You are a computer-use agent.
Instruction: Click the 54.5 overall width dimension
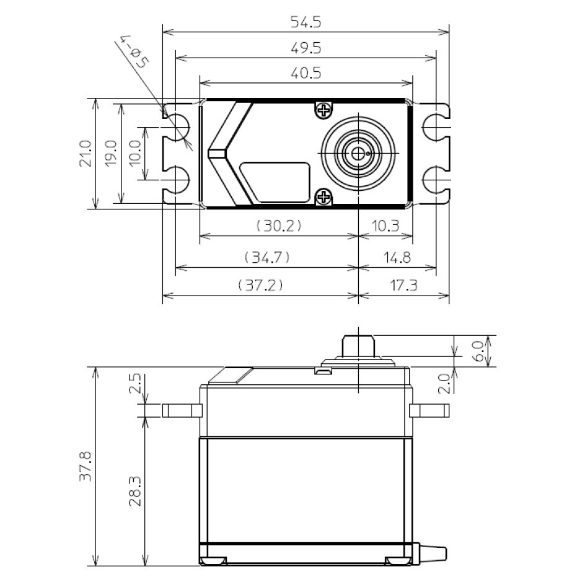(306, 22)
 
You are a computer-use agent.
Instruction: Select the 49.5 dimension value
(306, 48)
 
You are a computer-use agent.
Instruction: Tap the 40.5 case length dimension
(306, 73)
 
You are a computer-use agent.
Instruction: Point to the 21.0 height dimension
(86, 153)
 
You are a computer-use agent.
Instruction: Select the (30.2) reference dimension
(279, 226)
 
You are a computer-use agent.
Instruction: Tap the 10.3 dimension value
(386, 226)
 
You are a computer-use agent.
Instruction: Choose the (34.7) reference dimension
(267, 256)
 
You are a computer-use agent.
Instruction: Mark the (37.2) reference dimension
(260, 286)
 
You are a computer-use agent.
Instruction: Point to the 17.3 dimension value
(404, 286)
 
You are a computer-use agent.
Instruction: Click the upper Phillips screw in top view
(323, 110)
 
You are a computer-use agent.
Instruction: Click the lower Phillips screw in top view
(323, 197)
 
